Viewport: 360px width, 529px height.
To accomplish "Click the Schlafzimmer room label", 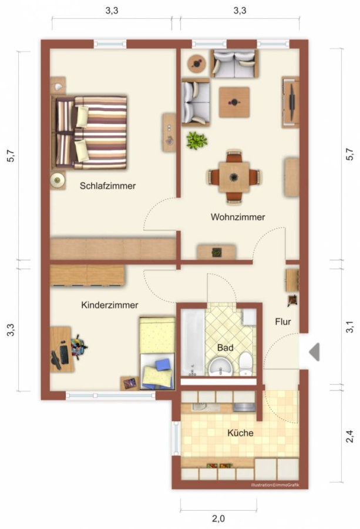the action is [107, 186].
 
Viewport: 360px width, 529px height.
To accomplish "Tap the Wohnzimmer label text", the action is [238, 217].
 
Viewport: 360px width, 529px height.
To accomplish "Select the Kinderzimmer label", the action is [110, 305].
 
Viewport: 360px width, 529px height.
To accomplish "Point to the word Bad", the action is [225, 347].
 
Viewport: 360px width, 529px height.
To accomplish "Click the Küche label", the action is [240, 433].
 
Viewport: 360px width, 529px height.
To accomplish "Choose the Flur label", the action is [283, 322].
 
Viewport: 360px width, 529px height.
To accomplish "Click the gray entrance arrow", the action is [314, 352].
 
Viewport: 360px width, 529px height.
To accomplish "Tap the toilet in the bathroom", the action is [245, 364].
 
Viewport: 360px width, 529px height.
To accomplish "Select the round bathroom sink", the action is [220, 367].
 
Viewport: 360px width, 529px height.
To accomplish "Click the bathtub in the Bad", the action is [193, 343].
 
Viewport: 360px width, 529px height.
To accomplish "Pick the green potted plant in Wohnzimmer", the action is [197, 140].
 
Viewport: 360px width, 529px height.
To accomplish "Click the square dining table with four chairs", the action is [234, 177].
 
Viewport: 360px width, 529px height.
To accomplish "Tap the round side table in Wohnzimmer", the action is [197, 63].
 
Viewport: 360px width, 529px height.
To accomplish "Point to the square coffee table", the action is [234, 102].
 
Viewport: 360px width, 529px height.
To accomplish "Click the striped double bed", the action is [89, 132].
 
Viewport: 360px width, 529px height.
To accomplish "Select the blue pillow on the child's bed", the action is [163, 365].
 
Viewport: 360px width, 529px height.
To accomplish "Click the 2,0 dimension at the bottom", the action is [218, 518].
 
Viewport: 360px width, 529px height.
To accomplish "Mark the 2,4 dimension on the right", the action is [350, 436].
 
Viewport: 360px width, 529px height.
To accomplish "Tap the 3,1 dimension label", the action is [350, 327].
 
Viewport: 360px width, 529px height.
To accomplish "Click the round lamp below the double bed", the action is [58, 180].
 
